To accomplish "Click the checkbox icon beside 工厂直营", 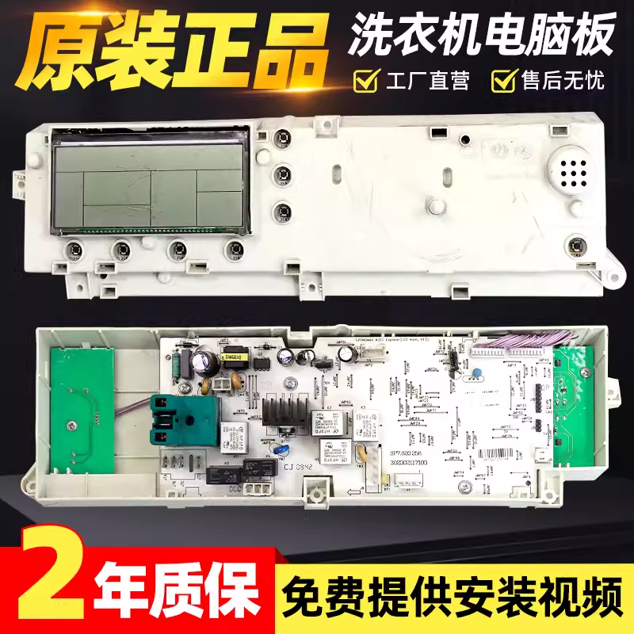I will pyautogui.click(x=365, y=80).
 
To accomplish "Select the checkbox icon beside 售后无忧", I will pyautogui.click(x=503, y=80).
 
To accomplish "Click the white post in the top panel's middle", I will pyautogui.click(x=435, y=205).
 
